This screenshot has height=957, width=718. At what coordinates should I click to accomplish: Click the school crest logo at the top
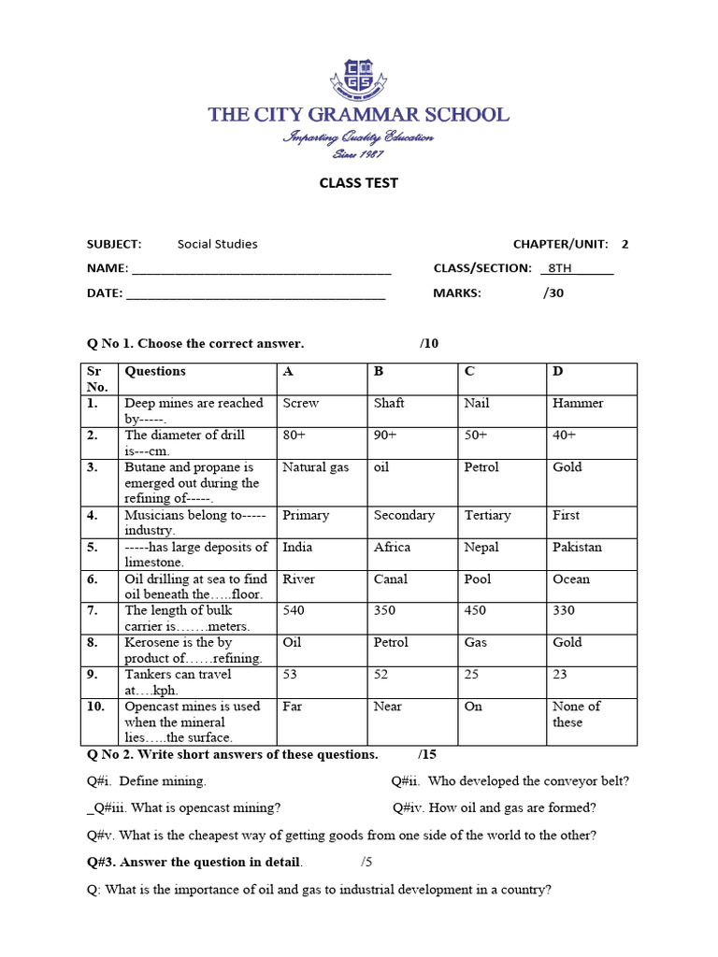coord(358,79)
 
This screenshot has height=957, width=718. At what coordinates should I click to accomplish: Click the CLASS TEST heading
coord(358,183)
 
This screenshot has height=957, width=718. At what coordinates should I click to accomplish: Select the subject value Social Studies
coord(217,244)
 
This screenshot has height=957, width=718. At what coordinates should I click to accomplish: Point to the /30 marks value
coord(553,293)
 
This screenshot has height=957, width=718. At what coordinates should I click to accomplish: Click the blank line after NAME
coord(261,270)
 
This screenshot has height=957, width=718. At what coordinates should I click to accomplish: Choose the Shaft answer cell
coord(389,404)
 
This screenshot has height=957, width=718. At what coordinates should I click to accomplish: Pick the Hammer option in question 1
coord(578,404)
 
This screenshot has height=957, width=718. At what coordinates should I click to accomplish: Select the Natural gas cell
coord(315,467)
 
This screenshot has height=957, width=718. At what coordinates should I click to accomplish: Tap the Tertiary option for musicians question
coord(487,515)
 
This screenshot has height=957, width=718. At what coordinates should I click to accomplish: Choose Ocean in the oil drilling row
coord(571,578)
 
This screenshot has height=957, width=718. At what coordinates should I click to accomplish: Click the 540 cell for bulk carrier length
coord(294,610)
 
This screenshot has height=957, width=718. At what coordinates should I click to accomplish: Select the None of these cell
coord(576,714)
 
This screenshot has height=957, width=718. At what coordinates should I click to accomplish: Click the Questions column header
coord(155,371)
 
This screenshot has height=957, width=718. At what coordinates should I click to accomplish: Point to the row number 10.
coord(96,707)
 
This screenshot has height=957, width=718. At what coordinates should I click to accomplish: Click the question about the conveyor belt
coord(510,780)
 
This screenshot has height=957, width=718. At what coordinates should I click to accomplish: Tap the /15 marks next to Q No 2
coord(427,754)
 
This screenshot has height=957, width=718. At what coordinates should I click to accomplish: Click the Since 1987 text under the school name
coord(358,153)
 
